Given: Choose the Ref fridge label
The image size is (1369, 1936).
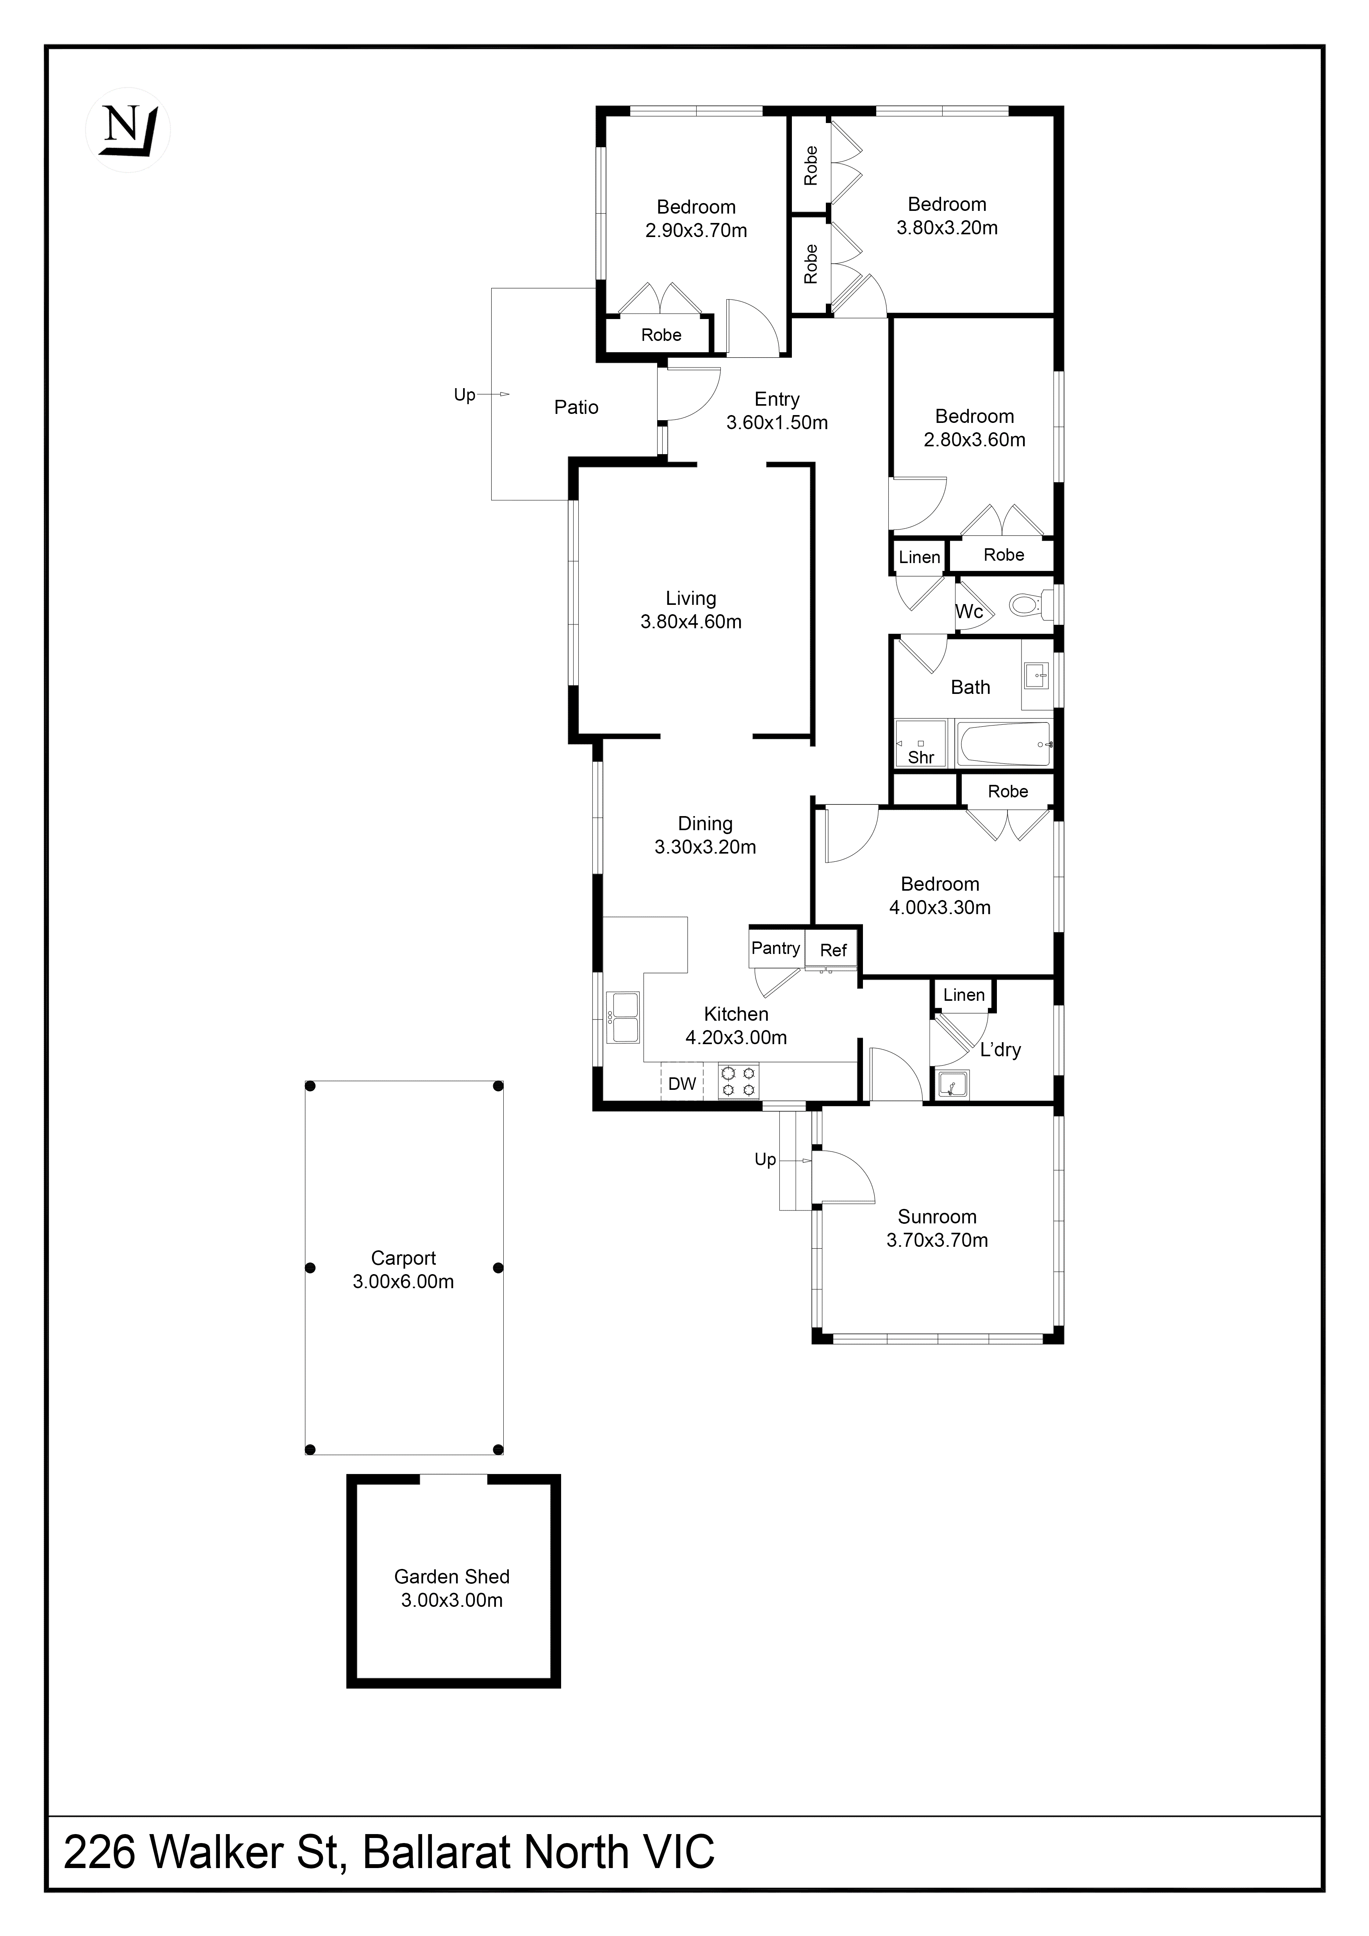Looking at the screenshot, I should point(833,950).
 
